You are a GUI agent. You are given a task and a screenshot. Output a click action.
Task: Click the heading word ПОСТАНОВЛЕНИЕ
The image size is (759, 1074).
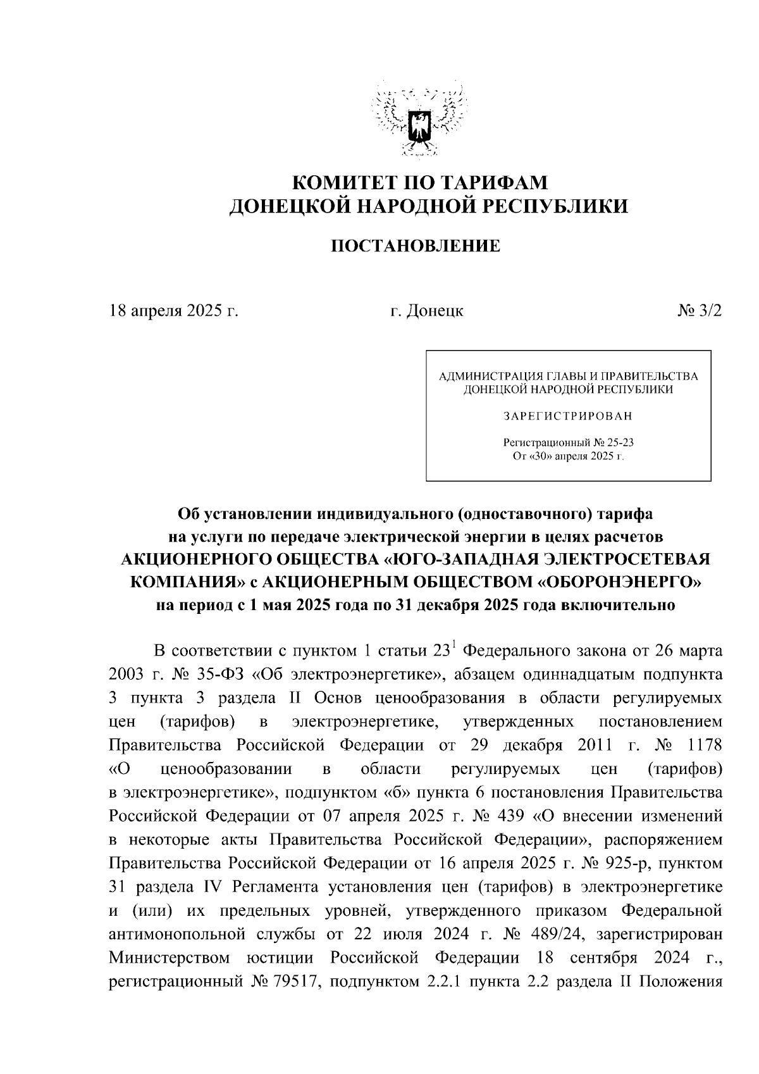[416, 246]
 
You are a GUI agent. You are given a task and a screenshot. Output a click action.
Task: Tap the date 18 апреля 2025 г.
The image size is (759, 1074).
[173, 311]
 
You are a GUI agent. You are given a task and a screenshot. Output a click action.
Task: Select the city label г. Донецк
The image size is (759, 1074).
[426, 311]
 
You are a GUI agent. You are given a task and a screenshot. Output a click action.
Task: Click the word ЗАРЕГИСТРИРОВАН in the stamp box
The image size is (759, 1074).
[567, 416]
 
